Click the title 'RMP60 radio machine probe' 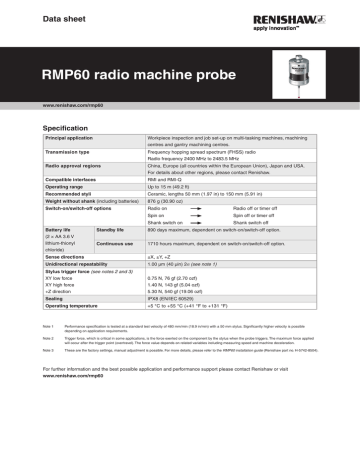[129, 74]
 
